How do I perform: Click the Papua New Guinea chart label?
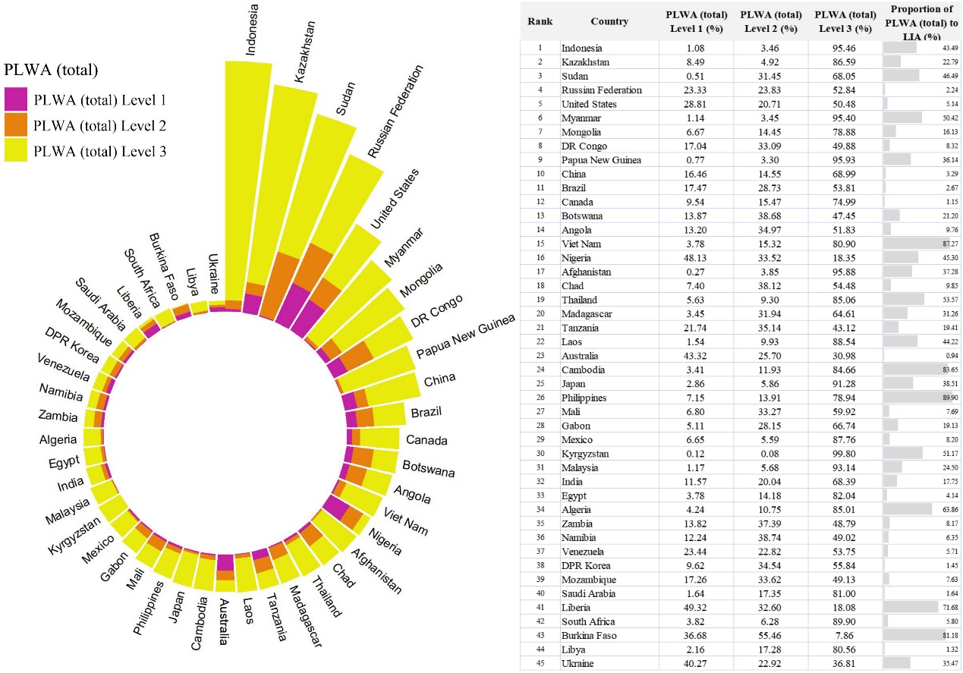pos(465,336)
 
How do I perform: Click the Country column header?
pos(609,21)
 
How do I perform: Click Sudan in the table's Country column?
pos(576,76)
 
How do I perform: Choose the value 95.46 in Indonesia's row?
pos(845,49)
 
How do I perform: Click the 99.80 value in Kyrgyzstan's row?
pos(845,454)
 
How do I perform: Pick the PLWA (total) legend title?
pos(51,71)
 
